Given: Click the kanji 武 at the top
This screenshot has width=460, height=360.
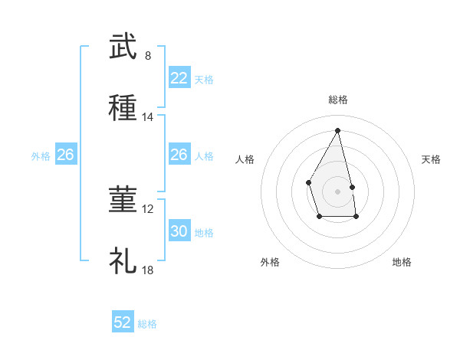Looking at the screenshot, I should [x=123, y=47].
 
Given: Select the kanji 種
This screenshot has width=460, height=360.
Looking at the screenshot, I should [x=123, y=108].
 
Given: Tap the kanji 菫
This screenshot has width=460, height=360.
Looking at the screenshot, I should [x=123, y=200].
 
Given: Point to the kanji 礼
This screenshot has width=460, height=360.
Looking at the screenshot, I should [x=123, y=261].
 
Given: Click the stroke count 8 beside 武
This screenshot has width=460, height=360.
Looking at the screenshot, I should [x=147, y=56].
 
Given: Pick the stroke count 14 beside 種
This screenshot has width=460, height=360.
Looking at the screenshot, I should [x=147, y=117].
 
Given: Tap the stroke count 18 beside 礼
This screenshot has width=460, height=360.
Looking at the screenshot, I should [x=147, y=270].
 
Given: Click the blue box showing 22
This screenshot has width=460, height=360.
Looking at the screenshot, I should [x=179, y=78].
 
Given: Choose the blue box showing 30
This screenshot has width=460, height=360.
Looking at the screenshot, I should [x=179, y=231].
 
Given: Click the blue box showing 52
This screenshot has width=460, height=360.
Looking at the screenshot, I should [x=123, y=322].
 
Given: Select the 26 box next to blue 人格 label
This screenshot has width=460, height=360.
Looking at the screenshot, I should [x=179, y=155].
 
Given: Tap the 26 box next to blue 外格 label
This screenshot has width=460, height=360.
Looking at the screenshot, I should [x=65, y=155].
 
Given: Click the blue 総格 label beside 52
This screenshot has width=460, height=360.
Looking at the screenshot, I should [x=147, y=324].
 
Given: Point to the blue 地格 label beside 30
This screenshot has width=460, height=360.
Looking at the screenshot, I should [x=204, y=233].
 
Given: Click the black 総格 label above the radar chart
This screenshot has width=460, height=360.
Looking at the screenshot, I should [x=338, y=100].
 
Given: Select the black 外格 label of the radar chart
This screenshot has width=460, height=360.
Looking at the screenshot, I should [x=270, y=262].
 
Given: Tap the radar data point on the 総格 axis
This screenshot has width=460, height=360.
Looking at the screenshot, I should [x=338, y=130].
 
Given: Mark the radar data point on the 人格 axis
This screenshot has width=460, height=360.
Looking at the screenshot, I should [x=308, y=182].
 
